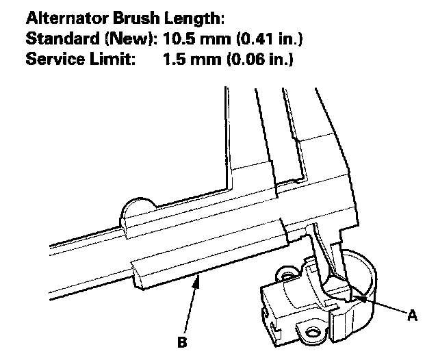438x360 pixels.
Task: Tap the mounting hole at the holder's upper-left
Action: click(x=281, y=276)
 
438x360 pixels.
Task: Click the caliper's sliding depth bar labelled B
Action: click(x=205, y=253)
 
